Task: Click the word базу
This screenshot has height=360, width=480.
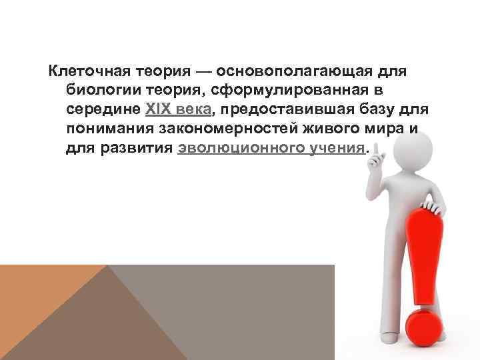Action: [373, 109]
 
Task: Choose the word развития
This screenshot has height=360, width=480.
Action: [141, 148]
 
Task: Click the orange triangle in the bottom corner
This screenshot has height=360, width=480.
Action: [40, 307]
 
